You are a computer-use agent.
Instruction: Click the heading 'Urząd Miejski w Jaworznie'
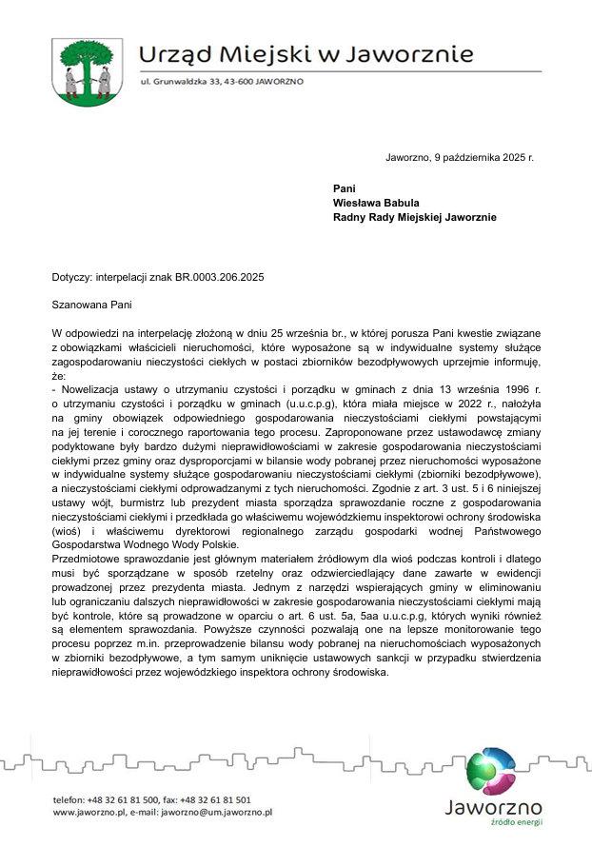click(x=306, y=53)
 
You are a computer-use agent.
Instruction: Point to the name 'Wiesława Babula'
click(x=376, y=203)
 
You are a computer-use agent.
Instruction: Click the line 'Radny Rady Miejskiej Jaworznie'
click(x=414, y=217)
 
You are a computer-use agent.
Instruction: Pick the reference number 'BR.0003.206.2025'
click(x=217, y=277)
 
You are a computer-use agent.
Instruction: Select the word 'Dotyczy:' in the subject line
click(x=72, y=277)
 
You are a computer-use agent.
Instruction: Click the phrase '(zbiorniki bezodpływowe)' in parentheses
click(x=483, y=474)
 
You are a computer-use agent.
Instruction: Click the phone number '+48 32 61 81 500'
click(x=127, y=800)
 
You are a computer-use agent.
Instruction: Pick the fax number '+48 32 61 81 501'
click(x=213, y=800)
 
